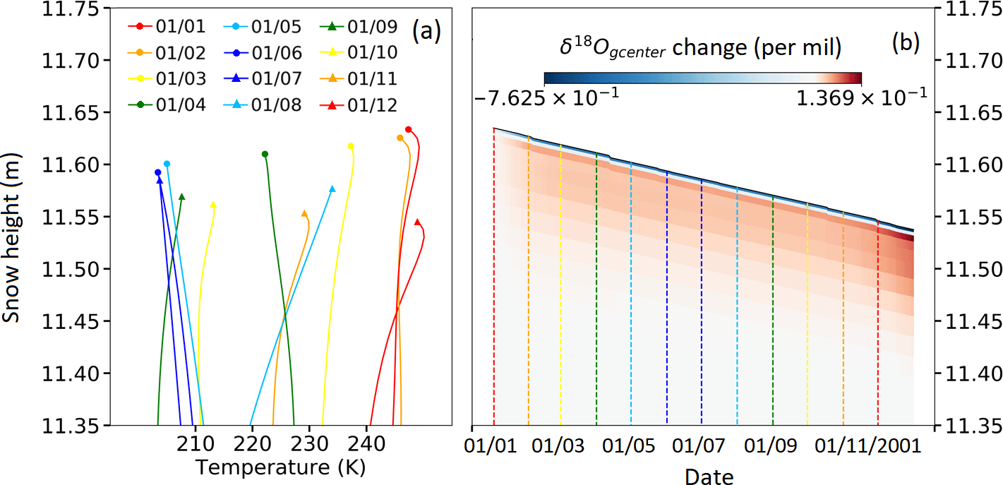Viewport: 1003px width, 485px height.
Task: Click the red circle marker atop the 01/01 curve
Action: click(408, 129)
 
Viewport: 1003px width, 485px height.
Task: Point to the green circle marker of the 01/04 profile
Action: click(265, 154)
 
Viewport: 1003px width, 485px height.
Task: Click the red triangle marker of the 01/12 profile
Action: click(417, 222)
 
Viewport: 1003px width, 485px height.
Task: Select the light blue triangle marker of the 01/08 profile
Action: click(332, 189)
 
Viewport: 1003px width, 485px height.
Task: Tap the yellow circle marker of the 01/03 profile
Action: click(351, 146)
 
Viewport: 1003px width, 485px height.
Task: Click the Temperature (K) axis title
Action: click(281, 467)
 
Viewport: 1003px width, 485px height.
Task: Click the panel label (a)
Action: click(426, 31)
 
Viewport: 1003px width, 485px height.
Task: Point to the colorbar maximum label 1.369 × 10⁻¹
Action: click(863, 96)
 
